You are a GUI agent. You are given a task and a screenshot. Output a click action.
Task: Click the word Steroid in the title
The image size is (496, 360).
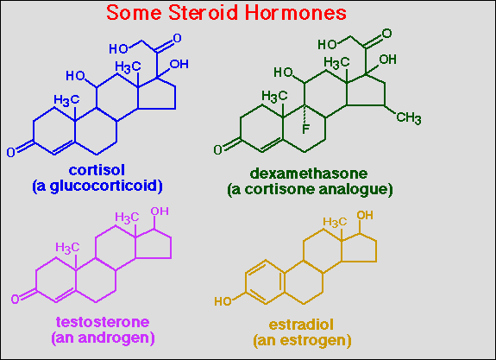point(203,13)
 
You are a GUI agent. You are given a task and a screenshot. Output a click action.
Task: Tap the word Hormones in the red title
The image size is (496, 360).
point(296,13)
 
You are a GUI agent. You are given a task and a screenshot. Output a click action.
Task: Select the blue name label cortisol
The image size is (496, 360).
point(97,170)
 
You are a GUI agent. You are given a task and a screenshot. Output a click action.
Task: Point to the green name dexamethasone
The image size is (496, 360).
point(309,174)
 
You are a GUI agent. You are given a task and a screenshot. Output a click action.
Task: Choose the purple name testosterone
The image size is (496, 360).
point(103,322)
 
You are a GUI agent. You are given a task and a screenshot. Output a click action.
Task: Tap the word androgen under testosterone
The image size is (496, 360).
point(115,338)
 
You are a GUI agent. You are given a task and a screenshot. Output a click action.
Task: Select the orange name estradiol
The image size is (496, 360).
point(301,325)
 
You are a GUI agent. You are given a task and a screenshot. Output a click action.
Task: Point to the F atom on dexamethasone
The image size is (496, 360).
point(305,129)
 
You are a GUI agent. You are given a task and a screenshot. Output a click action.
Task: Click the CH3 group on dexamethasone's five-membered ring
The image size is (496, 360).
point(409,117)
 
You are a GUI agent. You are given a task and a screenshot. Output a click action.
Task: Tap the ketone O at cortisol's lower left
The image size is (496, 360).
point(10,152)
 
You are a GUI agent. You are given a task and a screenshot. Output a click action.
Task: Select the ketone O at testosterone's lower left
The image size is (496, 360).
point(16,299)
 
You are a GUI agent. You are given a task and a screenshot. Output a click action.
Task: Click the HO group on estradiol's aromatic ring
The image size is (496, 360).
point(223,301)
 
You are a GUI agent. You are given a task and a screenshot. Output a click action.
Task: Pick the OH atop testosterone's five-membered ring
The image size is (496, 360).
point(160,212)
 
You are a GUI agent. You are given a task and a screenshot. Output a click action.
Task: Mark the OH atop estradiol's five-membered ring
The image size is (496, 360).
point(365,215)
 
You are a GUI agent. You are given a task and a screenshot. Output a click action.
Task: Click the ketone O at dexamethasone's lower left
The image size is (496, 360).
point(217,149)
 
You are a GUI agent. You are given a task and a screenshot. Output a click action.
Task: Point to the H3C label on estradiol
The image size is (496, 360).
point(335,222)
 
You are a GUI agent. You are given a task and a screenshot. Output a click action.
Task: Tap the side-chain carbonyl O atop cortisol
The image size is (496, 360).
point(177,38)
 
